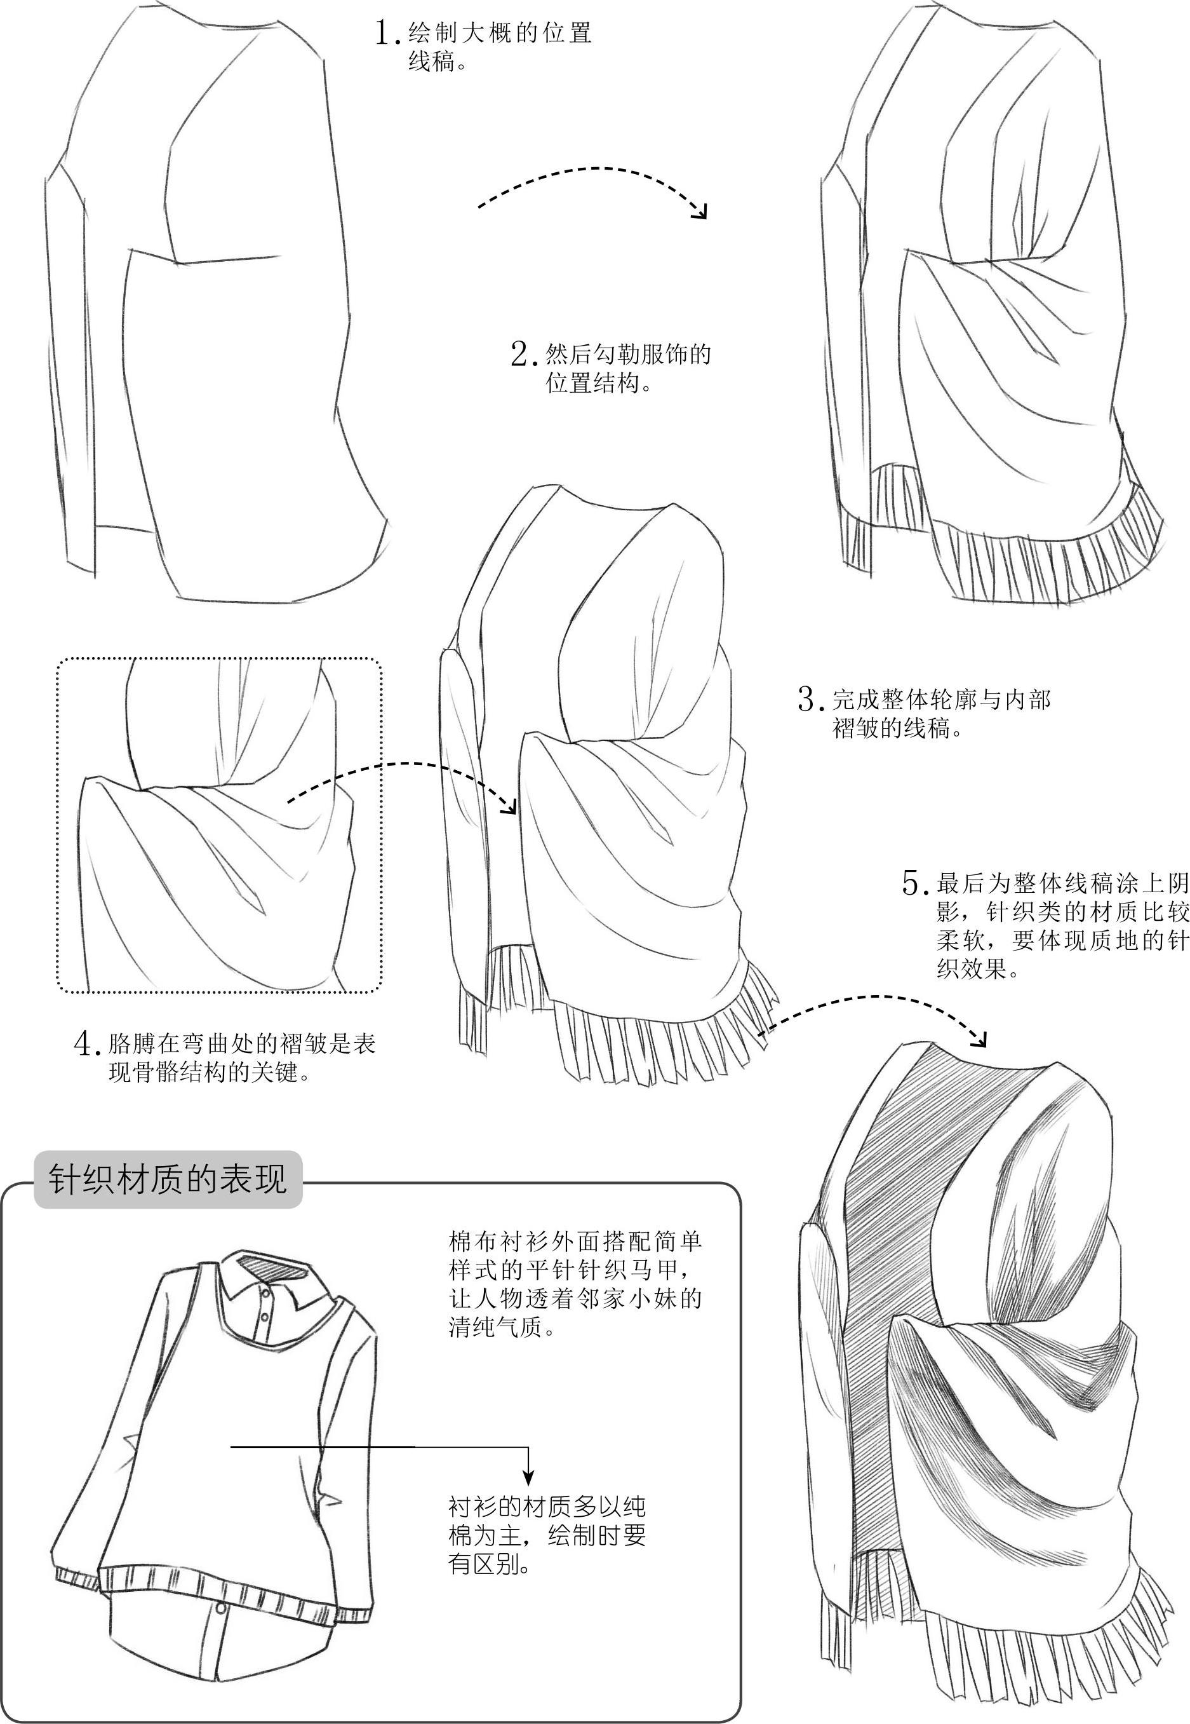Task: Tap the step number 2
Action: pyautogui.click(x=523, y=353)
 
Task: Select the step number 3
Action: pyautogui.click(x=810, y=699)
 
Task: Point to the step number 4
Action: pyautogui.click(x=86, y=1042)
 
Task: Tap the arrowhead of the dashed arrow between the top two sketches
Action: pyautogui.click(x=700, y=211)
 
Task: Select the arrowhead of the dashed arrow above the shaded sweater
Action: pyautogui.click(x=980, y=1039)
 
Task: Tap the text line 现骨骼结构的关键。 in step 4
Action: pyautogui.click(x=210, y=1072)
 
